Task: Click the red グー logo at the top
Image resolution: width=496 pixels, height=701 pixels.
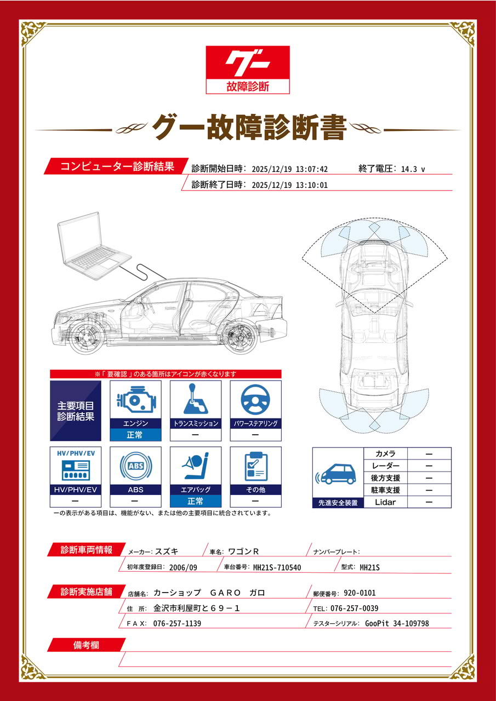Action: click(247, 70)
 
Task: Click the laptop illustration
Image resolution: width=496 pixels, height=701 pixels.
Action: click(94, 246)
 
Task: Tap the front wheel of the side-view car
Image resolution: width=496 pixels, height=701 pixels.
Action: click(87, 338)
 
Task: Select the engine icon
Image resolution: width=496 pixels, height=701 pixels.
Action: click(135, 400)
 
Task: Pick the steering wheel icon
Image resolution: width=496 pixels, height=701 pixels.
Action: click(255, 399)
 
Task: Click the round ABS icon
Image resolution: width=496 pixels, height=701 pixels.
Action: click(135, 466)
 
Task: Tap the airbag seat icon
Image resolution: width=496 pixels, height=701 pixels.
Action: click(196, 466)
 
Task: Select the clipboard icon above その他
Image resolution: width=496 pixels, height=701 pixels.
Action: click(256, 466)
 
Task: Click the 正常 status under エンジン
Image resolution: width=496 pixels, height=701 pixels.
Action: click(135, 435)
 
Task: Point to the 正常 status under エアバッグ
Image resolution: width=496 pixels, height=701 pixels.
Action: click(196, 501)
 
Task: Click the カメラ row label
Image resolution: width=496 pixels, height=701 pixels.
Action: click(385, 454)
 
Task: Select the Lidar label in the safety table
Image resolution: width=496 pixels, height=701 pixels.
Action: click(385, 502)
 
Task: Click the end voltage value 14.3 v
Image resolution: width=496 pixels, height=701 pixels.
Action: click(413, 169)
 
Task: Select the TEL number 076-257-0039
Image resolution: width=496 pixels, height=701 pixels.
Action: click(355, 608)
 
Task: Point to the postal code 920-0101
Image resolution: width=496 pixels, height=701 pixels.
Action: click(360, 593)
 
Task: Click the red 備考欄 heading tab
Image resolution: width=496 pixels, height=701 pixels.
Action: click(87, 645)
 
